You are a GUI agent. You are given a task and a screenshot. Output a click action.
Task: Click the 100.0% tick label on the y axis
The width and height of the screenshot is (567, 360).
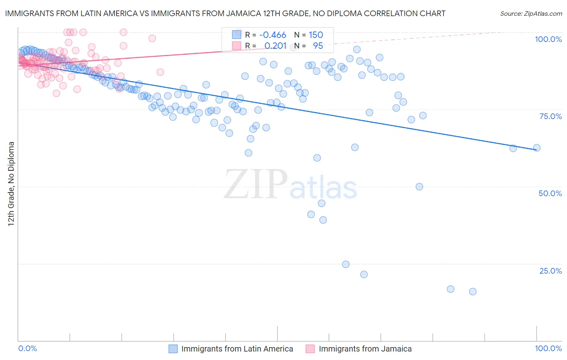pyautogui.click(x=548, y=39)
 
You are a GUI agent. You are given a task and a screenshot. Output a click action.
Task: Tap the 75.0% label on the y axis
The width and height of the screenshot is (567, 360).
pyautogui.click(x=550, y=116)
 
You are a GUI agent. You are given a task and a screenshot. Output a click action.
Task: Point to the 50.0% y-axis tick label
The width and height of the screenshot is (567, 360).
pyautogui.click(x=550, y=193)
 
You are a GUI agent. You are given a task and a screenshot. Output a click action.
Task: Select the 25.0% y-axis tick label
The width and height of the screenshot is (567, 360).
pyautogui.click(x=550, y=271)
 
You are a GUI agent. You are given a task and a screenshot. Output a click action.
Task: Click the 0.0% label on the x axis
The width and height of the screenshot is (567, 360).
pyautogui.click(x=27, y=348)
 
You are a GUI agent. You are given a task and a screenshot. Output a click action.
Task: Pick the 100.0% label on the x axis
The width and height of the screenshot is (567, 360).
pyautogui.click(x=548, y=348)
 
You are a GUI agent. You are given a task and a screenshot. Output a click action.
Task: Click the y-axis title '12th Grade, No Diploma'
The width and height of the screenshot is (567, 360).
pyautogui.click(x=11, y=184)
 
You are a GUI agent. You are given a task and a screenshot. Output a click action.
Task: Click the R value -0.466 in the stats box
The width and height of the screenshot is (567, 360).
pyautogui.click(x=273, y=35)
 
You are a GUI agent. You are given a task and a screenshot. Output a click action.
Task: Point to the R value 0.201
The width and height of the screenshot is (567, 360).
pyautogui.click(x=275, y=46)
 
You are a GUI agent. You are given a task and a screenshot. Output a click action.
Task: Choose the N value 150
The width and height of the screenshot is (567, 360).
pyautogui.click(x=316, y=35)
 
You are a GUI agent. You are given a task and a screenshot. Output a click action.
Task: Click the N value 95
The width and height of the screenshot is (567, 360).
pyautogui.click(x=318, y=46)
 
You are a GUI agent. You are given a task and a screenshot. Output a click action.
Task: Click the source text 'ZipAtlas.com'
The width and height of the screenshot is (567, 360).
pyautogui.click(x=542, y=13)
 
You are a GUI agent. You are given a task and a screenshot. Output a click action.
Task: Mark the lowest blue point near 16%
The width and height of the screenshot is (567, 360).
pyautogui.click(x=473, y=291)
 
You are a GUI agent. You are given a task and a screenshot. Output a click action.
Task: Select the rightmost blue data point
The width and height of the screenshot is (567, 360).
pyautogui.click(x=537, y=148)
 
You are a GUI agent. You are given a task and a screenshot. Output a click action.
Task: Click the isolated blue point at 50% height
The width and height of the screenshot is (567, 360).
pyautogui.click(x=419, y=186)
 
